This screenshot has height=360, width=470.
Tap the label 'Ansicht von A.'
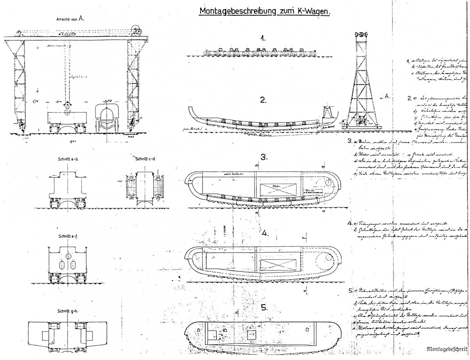click(70, 19)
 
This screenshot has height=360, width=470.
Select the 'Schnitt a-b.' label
click(68, 159)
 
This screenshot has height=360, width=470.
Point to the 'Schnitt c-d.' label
click(146, 159)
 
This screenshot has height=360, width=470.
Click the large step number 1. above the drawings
click(263, 39)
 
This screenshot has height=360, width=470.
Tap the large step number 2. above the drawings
click(263, 100)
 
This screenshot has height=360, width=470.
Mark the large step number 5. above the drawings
click(264, 308)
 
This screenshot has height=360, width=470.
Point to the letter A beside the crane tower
click(387, 96)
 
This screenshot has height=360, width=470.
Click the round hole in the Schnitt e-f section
click(68, 256)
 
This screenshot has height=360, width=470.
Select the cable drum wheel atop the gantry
click(136, 30)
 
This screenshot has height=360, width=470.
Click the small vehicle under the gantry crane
click(108, 118)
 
